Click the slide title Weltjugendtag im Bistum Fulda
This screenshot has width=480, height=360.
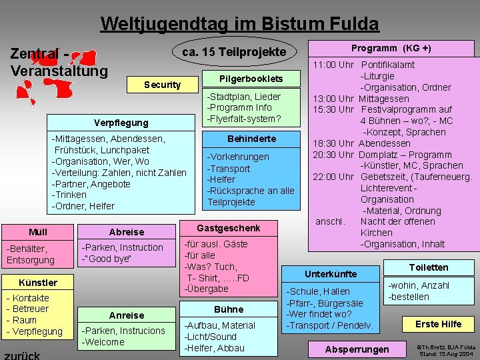[x=239, y=25]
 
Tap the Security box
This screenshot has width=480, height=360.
[x=162, y=85]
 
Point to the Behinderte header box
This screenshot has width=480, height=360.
[x=251, y=139]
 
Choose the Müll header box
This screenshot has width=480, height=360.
[x=38, y=232]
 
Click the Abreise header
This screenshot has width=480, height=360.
[x=126, y=232]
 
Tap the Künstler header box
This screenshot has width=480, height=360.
[x=38, y=282]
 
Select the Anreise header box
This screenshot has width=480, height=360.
[x=126, y=315]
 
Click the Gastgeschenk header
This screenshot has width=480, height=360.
[x=228, y=228]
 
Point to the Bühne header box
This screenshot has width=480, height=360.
[x=229, y=309]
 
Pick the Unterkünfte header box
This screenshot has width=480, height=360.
[x=331, y=273]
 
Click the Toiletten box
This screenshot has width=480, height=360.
[x=429, y=267]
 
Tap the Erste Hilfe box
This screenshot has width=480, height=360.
[x=438, y=324]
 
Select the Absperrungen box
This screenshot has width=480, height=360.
[x=357, y=349]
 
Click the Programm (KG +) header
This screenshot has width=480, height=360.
[x=391, y=48]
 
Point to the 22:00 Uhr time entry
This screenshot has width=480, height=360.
[x=333, y=177]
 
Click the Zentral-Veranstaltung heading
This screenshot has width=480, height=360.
[x=59, y=62]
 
